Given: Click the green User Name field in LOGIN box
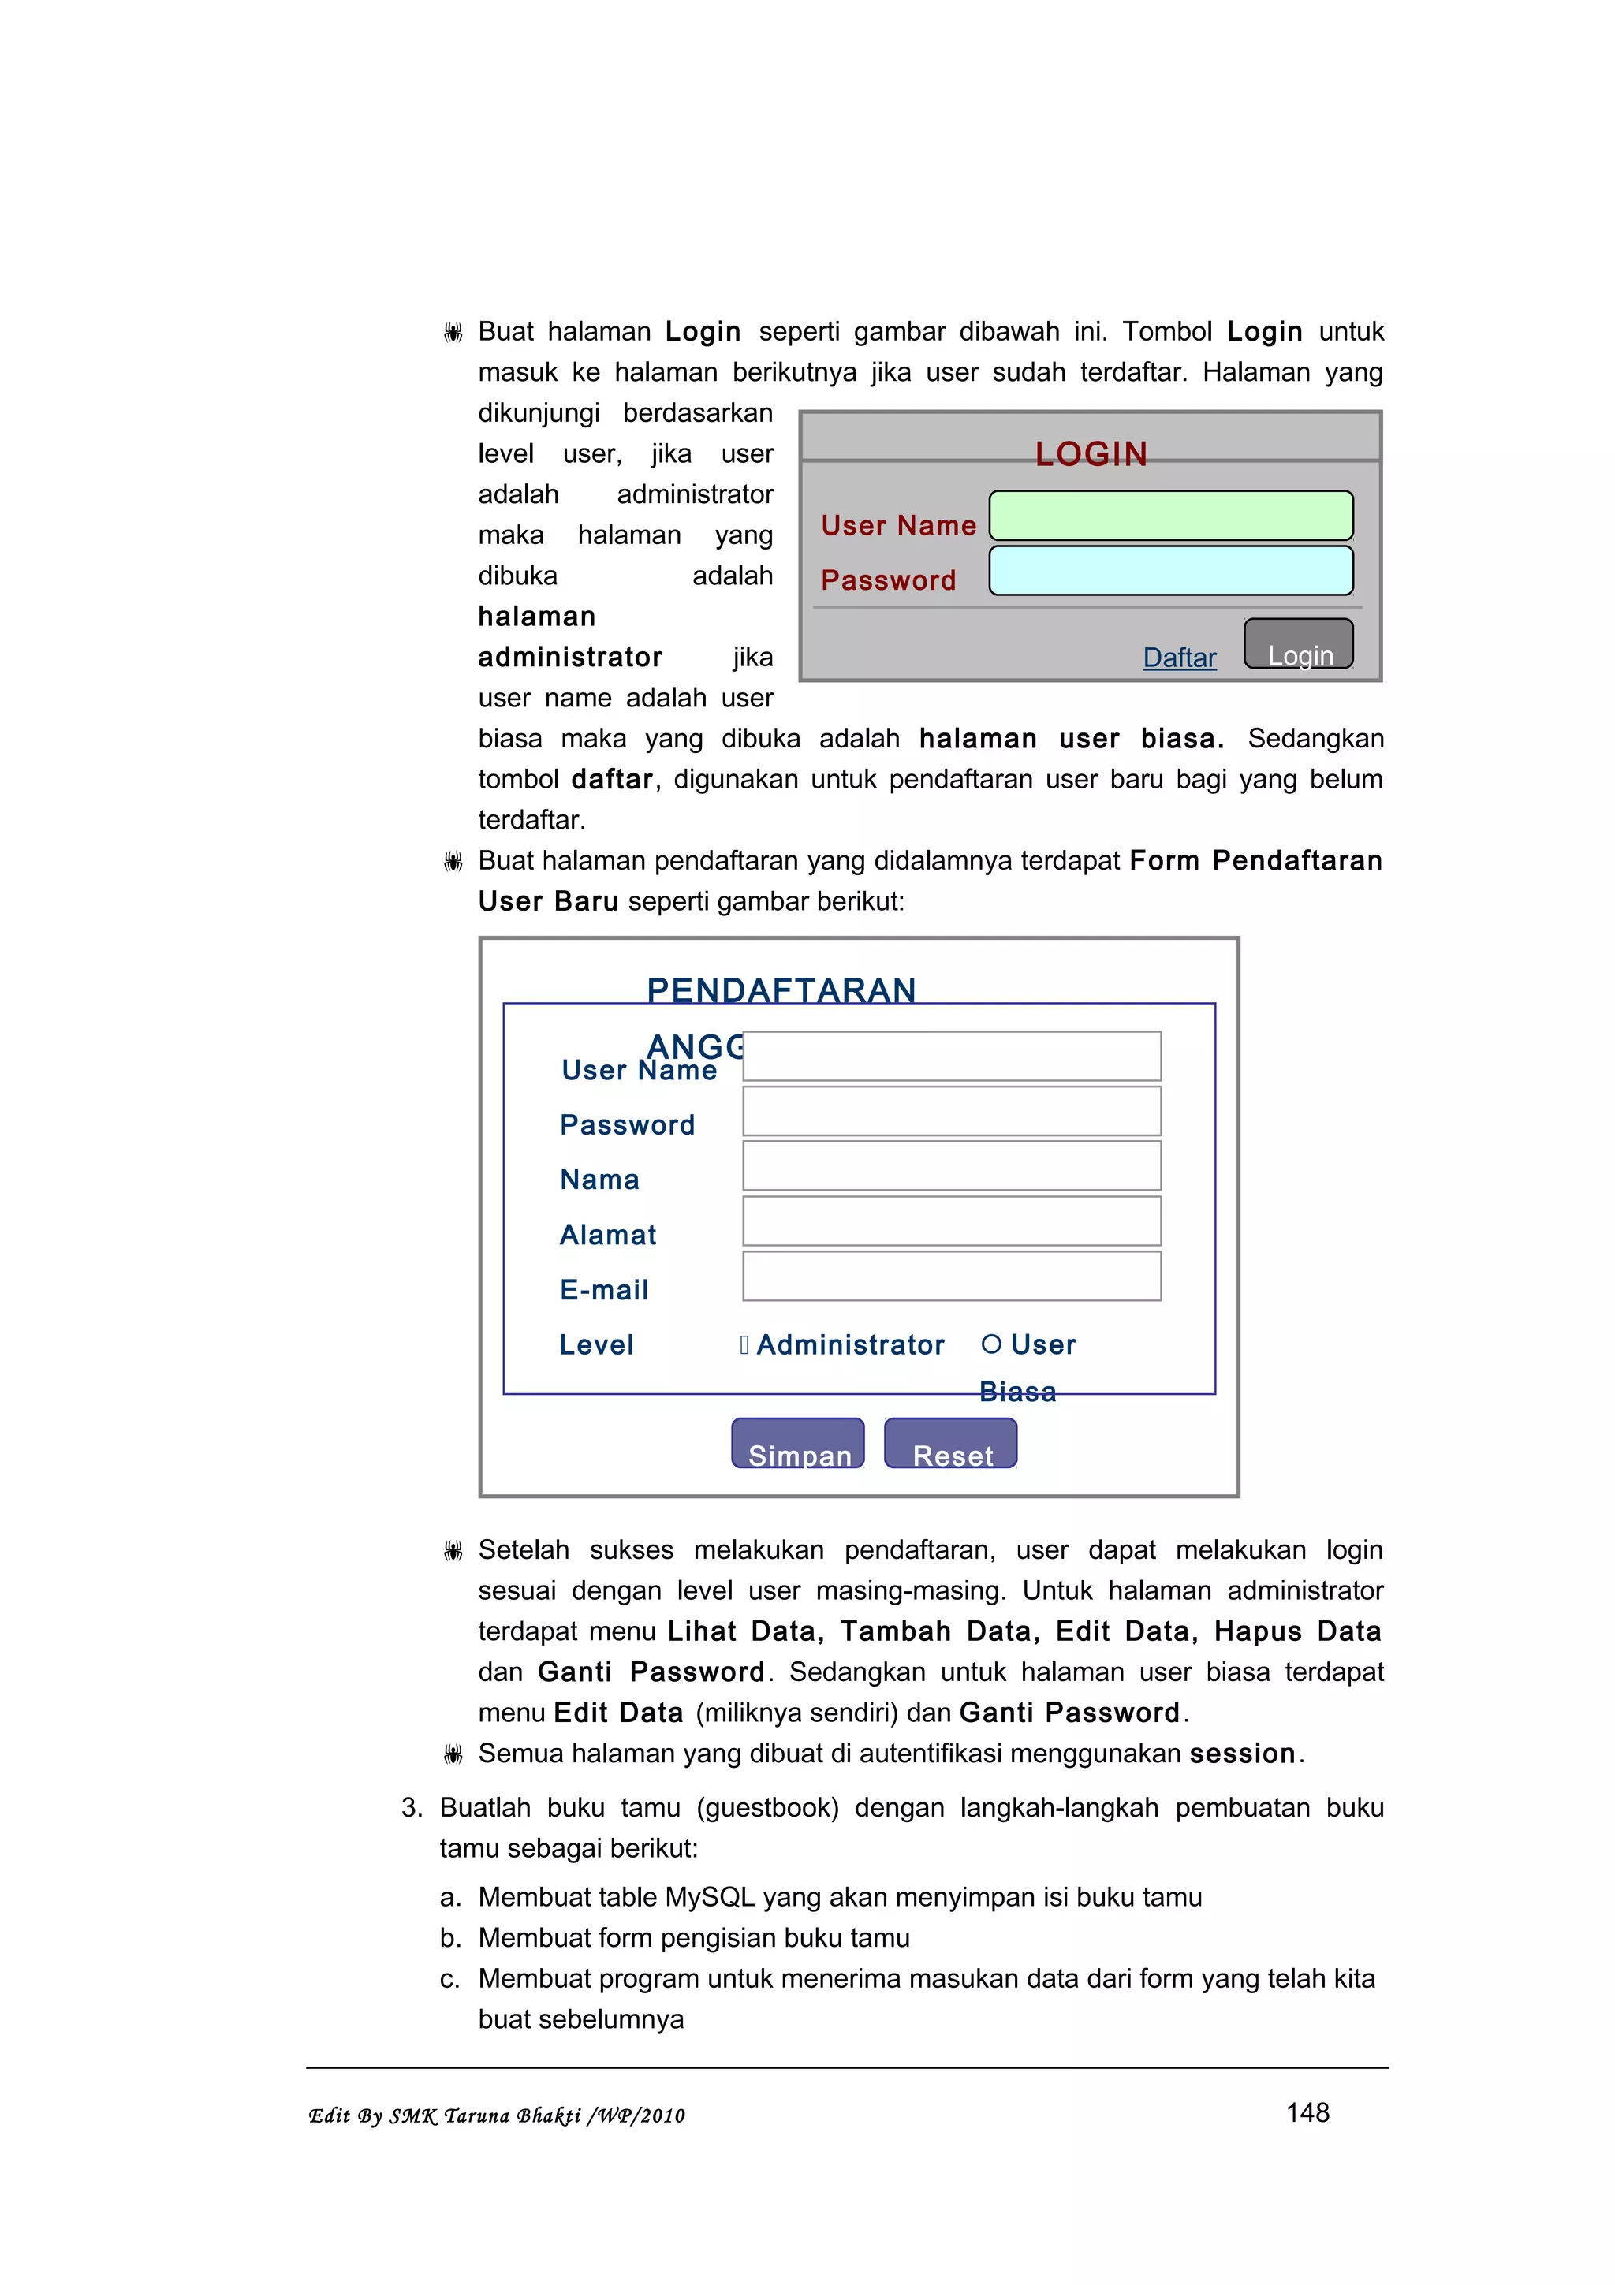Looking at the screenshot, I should tap(1170, 516).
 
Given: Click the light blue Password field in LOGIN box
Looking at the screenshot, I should tap(1170, 570).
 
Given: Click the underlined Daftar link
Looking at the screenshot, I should tap(1179, 658).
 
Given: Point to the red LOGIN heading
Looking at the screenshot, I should tap(1091, 454).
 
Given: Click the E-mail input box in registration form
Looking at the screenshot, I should tap(951, 1276).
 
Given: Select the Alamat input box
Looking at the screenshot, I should tap(951, 1221).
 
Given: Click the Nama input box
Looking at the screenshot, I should tap(951, 1165).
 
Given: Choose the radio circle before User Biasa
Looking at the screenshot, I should tap(990, 1344).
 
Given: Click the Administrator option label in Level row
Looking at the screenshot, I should tap(850, 1344).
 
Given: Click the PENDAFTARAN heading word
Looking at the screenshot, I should tap(781, 990).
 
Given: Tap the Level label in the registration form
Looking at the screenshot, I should tap(596, 1344).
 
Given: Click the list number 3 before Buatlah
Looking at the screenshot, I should tap(411, 1807).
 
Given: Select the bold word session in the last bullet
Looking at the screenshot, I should tap(1242, 1754).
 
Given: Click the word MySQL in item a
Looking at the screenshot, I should tap(710, 1897).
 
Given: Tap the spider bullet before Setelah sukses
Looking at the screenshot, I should tap(453, 1550).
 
